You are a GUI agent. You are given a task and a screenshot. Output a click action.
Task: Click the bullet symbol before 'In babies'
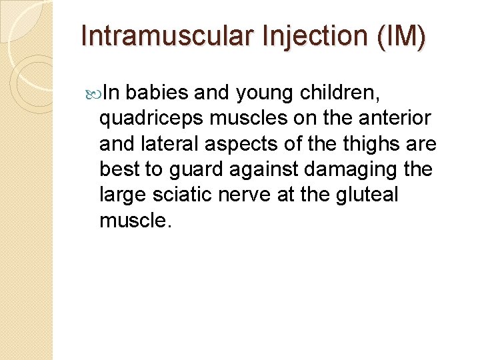pyautogui.click(x=92, y=93)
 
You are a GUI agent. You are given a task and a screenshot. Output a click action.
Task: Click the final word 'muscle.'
pyautogui.click(x=135, y=219)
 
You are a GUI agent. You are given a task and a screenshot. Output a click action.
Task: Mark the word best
pyautogui.click(x=119, y=169)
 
